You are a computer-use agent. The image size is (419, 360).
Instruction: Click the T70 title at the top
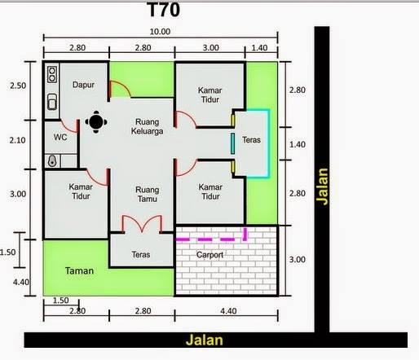(164, 10)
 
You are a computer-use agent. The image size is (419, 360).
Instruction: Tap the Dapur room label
(83, 85)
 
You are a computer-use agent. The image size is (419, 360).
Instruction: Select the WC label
(60, 137)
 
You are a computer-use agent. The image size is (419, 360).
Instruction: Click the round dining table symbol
(96, 122)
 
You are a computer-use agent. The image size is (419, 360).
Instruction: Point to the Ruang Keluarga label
(148, 126)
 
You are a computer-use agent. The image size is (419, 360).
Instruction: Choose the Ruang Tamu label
(147, 195)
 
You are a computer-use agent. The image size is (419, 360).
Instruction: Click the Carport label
(209, 255)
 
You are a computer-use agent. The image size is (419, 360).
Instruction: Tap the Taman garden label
(79, 270)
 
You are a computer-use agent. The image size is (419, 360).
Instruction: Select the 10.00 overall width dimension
(160, 32)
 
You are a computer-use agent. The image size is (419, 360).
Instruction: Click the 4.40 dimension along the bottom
(228, 311)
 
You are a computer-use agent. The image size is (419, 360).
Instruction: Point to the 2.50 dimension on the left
(18, 86)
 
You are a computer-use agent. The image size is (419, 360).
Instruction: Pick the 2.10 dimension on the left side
(18, 140)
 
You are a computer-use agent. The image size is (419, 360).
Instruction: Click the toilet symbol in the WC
(52, 161)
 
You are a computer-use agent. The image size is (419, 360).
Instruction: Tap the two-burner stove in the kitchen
(52, 75)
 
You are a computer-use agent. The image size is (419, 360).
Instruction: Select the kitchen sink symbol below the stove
(52, 102)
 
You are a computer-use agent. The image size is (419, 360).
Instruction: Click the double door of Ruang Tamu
(142, 224)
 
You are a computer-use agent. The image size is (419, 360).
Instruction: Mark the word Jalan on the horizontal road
(205, 340)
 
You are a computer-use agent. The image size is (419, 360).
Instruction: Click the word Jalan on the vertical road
(322, 187)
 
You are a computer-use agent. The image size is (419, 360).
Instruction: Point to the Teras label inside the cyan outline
(251, 140)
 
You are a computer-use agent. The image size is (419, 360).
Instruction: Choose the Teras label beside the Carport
(141, 255)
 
